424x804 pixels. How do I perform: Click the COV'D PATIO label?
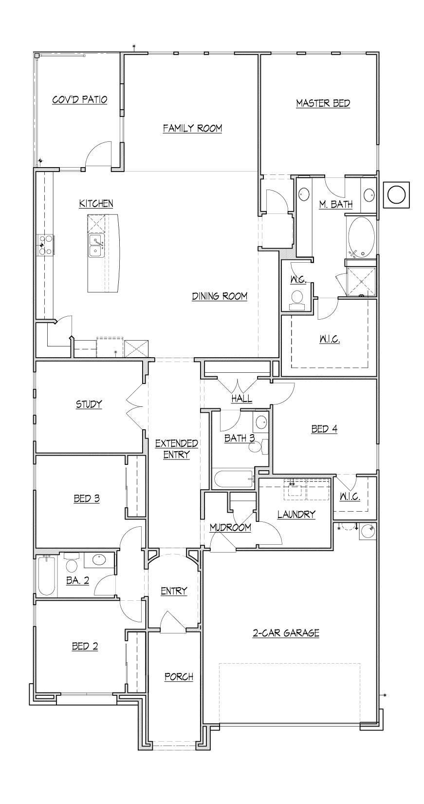[x=79, y=100]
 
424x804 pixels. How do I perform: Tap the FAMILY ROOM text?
[x=192, y=128]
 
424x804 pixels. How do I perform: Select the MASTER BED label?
[x=323, y=103]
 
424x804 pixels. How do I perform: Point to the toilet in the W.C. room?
[x=297, y=298]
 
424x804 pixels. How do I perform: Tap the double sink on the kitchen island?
[x=95, y=246]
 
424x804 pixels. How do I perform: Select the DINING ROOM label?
[x=219, y=296]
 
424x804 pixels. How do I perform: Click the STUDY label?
[x=89, y=404]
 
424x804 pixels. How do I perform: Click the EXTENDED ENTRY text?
[x=176, y=449]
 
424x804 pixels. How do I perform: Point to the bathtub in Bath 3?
[x=233, y=479]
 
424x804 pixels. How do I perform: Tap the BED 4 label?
[x=324, y=429]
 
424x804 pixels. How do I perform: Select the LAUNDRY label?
[x=296, y=514]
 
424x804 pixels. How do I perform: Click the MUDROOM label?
[x=230, y=527]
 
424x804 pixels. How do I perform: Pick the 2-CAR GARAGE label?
[x=286, y=633]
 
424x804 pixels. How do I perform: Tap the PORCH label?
[x=179, y=677]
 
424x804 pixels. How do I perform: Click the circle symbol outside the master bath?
[x=396, y=194]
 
